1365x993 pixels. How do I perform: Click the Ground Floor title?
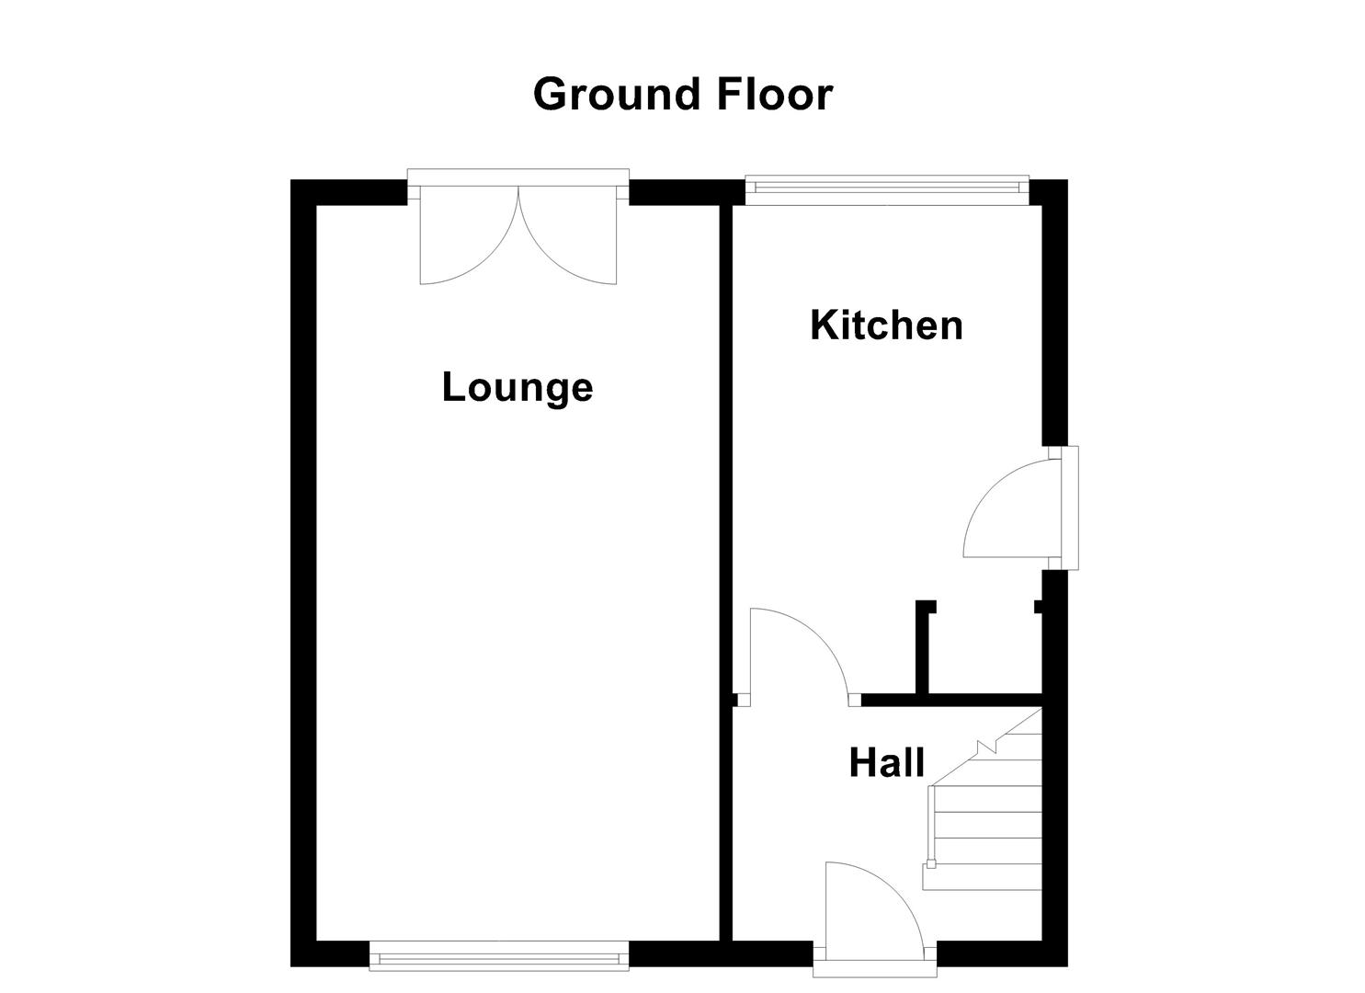(682, 95)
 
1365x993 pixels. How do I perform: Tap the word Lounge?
(518, 387)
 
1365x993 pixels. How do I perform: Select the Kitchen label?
(886, 325)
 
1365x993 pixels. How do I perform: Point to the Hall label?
(886, 763)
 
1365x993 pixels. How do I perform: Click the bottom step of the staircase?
(982, 878)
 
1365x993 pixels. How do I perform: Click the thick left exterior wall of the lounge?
(303, 570)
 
